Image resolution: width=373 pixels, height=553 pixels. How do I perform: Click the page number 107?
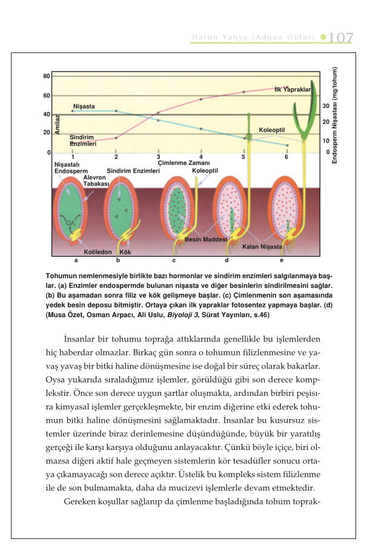pos(341,38)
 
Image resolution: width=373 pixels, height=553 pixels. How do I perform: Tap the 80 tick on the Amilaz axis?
pos(47,76)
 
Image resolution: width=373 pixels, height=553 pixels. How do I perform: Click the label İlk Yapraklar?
pos(292,89)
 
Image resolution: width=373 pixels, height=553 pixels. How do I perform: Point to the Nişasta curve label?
pos(84,106)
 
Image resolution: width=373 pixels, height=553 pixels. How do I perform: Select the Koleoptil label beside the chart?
pos(271,130)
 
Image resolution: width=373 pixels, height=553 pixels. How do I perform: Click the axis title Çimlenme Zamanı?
pos(183,163)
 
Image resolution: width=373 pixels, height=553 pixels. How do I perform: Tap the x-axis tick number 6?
pos(286,158)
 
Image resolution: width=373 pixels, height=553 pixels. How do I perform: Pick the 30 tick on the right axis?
pos(325,106)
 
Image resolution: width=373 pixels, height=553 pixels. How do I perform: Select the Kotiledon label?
pos(98,252)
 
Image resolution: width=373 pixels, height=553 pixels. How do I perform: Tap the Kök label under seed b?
pos(125,252)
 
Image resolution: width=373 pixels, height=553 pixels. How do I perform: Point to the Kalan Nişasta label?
pos(262,247)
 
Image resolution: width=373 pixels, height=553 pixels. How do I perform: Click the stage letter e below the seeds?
pos(282,260)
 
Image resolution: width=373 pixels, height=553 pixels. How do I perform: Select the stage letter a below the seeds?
pos(76,260)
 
